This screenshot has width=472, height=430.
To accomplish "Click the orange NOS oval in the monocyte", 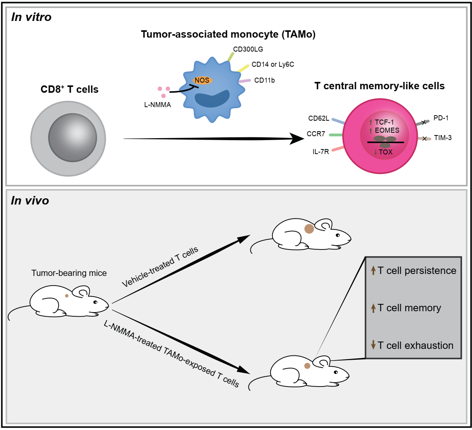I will (202, 80).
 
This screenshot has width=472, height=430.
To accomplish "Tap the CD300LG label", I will (248, 49).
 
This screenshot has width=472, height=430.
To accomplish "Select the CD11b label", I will (264, 80).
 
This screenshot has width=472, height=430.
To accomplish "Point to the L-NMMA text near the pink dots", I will (158, 105).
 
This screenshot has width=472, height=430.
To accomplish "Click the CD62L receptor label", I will (319, 118).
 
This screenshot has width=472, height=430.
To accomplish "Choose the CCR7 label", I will (316, 134).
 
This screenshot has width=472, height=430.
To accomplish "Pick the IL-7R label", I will (321, 152).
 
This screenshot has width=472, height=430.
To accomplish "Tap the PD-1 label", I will (441, 118).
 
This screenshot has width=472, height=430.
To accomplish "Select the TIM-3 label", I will (443, 138).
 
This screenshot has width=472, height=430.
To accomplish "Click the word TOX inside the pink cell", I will (385, 152).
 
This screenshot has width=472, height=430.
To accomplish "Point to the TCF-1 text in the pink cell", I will (384, 122).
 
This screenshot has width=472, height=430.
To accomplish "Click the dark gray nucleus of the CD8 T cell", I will (73, 137).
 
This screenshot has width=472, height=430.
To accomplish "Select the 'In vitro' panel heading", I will (31, 17).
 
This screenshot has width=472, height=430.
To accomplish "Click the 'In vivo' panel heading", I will (30, 201).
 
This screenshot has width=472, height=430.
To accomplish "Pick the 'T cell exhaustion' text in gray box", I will (415, 345).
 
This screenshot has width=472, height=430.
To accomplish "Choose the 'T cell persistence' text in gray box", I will (417, 270).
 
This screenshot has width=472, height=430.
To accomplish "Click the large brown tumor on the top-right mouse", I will (309, 229).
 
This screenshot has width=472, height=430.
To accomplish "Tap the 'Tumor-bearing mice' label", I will (69, 273).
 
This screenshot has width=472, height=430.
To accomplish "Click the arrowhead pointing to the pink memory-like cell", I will (297, 139).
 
